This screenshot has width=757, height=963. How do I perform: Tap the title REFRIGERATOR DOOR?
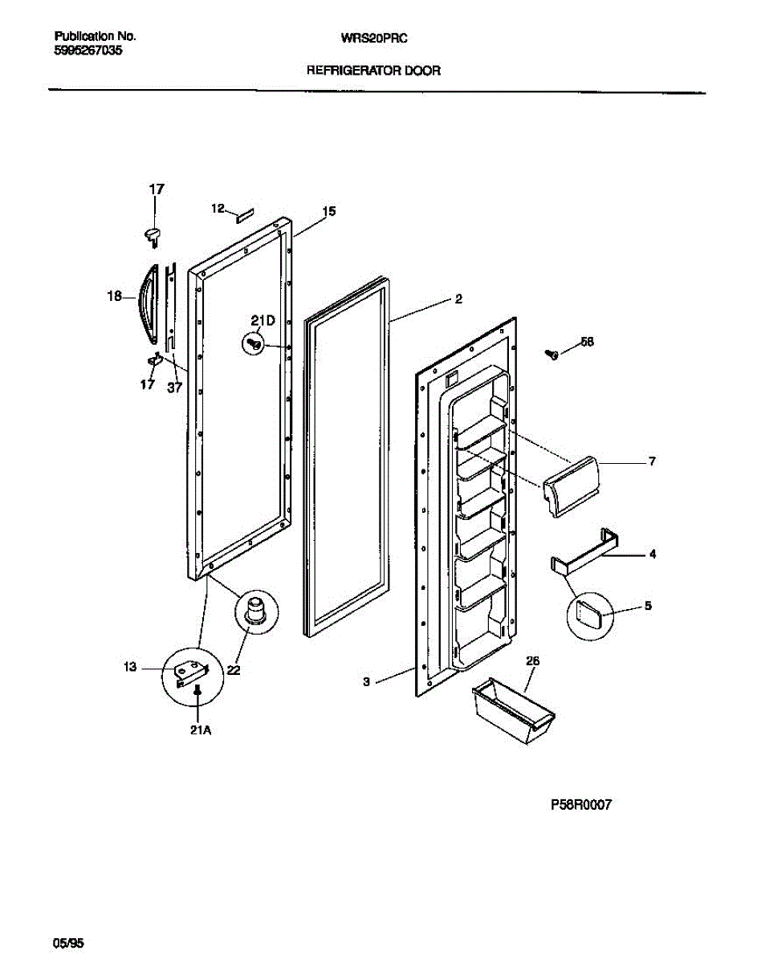click(x=373, y=71)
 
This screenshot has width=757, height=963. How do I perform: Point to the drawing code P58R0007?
click(x=581, y=806)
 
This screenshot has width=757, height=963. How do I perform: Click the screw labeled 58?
click(x=552, y=352)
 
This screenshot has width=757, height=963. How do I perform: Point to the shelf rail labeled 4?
click(x=585, y=552)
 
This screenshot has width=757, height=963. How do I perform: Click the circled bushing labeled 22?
click(x=256, y=611)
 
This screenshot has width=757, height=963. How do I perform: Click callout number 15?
click(x=329, y=212)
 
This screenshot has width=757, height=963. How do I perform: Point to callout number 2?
click(x=458, y=300)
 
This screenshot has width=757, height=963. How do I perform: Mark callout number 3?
click(x=366, y=682)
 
